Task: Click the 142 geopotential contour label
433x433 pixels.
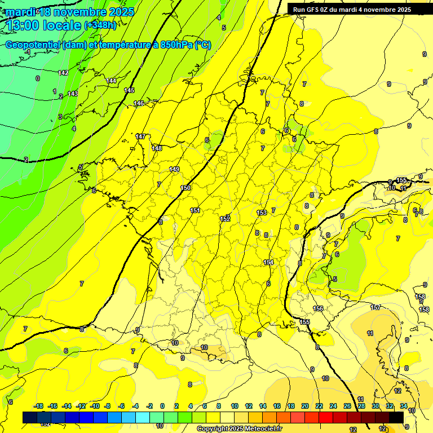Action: click(63, 73)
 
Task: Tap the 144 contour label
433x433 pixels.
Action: click(112, 81)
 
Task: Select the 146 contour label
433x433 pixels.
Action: click(139, 104)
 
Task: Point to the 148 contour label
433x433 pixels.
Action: click(157, 149)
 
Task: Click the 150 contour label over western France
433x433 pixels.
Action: click(185, 188)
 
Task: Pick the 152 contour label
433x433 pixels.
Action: click(225, 219)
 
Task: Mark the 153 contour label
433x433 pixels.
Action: click(262, 213)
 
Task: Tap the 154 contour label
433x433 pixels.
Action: click(268, 263)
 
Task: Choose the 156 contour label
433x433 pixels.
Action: click(319, 309)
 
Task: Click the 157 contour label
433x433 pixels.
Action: click(375, 307)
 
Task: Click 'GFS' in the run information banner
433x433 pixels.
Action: click(314, 10)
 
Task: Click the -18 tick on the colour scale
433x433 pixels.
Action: click(38, 407)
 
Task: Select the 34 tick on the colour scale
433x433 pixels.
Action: click(404, 407)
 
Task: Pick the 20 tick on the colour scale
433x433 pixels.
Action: click(305, 407)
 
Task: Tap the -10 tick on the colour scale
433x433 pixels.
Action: click(95, 407)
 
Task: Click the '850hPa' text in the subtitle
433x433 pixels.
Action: click(176, 45)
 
